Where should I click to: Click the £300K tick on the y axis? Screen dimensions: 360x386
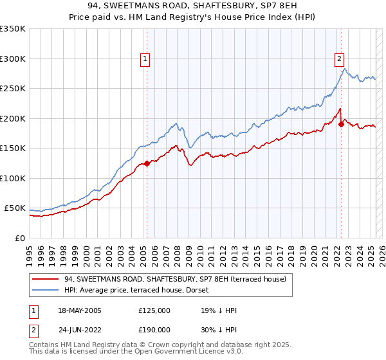(13, 59)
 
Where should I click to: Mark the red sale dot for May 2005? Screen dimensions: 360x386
(147, 163)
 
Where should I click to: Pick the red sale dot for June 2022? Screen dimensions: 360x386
(340, 124)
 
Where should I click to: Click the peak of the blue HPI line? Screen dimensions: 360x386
(345, 69)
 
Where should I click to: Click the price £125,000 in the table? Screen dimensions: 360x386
(154, 310)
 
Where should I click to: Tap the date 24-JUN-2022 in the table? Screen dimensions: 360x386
(79, 329)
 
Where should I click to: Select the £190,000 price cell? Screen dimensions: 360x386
(154, 329)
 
